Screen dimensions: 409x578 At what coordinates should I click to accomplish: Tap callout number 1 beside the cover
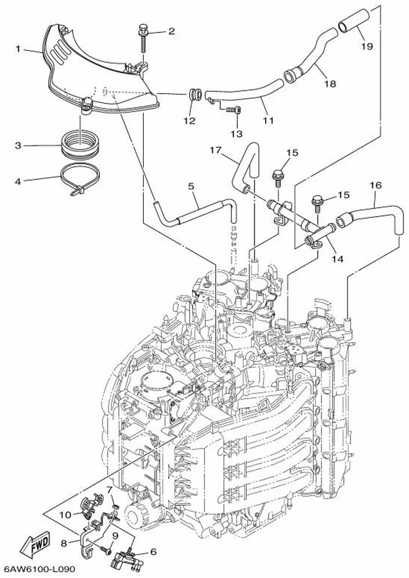[x=18, y=49]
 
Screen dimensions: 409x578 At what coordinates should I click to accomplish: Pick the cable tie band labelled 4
[x=80, y=179]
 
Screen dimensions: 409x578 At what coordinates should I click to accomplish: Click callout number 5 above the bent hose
[x=191, y=186]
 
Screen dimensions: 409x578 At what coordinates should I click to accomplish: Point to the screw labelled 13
[x=233, y=109]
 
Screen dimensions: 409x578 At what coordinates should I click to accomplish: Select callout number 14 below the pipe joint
[x=337, y=259]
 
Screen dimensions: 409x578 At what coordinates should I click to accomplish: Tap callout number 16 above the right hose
[x=375, y=185]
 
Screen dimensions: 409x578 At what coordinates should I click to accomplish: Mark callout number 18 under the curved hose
[x=330, y=84]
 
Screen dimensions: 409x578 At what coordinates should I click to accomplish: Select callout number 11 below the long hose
[x=269, y=121]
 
